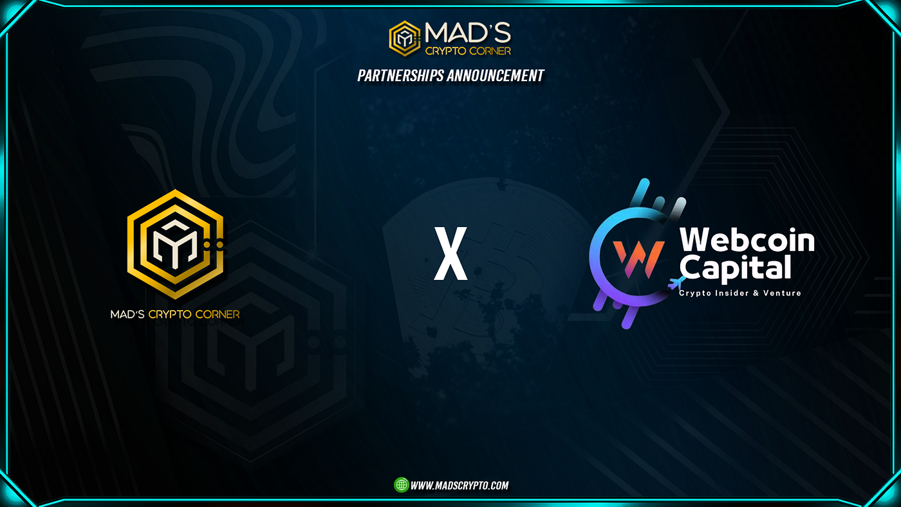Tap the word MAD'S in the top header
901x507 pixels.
coord(467,32)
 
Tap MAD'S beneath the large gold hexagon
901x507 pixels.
coord(127,315)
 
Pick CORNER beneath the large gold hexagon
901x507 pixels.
coord(216,315)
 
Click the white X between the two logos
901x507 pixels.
coord(450,255)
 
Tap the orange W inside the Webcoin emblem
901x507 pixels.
coord(629,256)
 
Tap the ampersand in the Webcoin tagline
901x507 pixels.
coord(757,293)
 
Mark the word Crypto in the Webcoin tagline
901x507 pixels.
coord(694,293)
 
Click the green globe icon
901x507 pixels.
coord(401,485)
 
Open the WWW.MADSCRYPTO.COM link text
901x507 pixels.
coord(460,486)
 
